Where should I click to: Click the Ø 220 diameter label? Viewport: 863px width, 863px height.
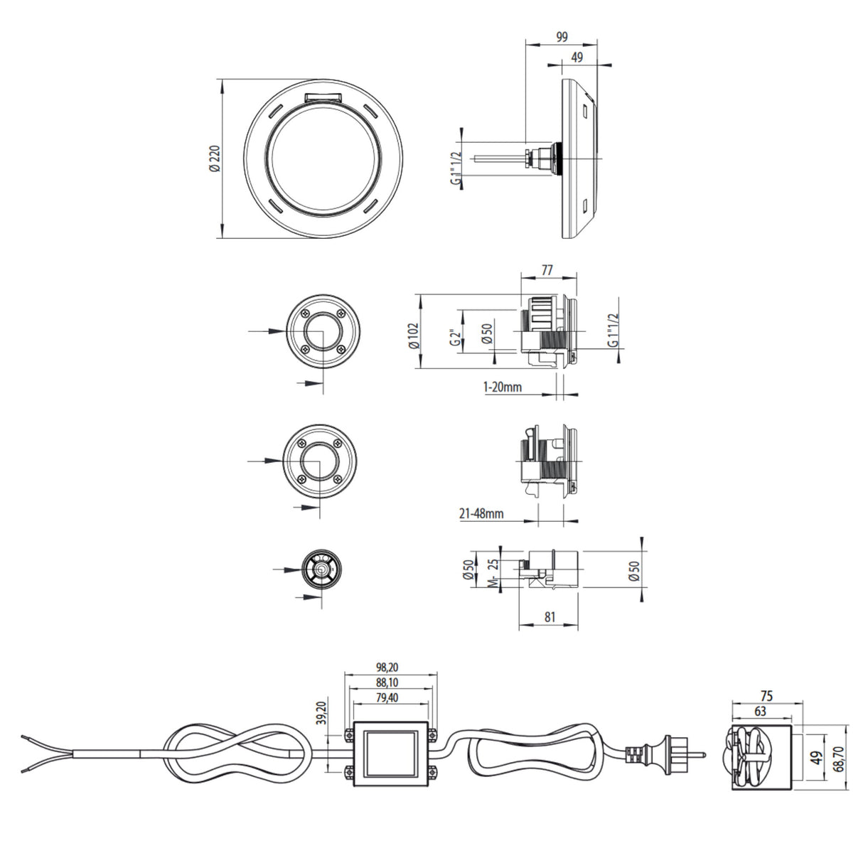pyautogui.click(x=215, y=159)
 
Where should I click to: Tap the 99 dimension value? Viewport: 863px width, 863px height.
pyautogui.click(x=561, y=37)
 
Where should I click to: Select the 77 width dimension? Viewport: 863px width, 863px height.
pyautogui.click(x=547, y=270)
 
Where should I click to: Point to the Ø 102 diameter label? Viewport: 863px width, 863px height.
pyautogui.click(x=413, y=336)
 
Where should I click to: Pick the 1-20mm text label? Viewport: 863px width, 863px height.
pyautogui.click(x=503, y=387)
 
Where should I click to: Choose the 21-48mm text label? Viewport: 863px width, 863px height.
pyautogui.click(x=481, y=513)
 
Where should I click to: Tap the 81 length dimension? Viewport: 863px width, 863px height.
pyautogui.click(x=550, y=617)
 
